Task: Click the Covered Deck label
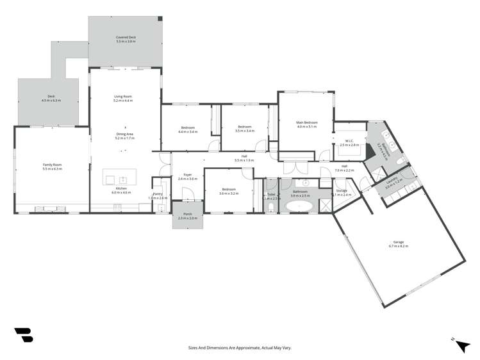click(126, 38)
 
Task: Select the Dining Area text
click(124, 134)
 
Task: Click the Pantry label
click(157, 194)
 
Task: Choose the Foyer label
click(188, 174)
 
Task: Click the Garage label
click(398, 242)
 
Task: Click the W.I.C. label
click(349, 142)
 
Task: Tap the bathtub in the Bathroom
click(299, 206)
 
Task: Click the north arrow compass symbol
click(461, 345)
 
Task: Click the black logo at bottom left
click(22, 334)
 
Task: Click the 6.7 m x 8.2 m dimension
click(398, 245)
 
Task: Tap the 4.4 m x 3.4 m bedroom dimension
click(188, 131)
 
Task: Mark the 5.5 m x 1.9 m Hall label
click(244, 160)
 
